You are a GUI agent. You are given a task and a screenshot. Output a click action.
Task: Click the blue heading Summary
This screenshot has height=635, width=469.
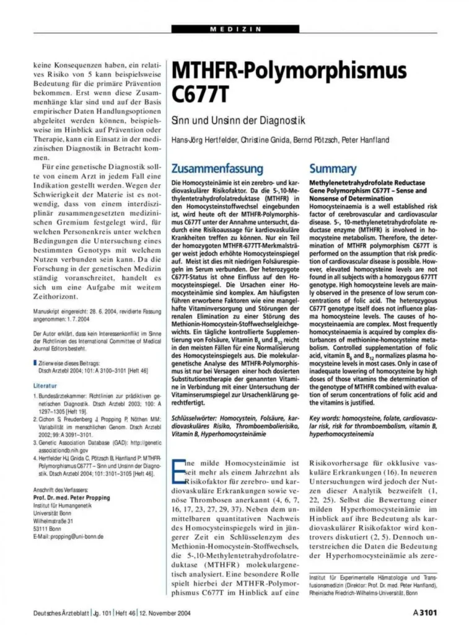click(333, 169)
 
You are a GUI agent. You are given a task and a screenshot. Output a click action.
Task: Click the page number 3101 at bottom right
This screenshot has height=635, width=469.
click(425, 613)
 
